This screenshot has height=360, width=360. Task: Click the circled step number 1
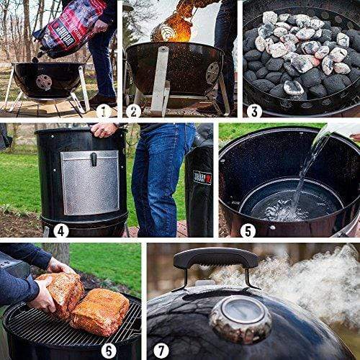coord(104,111)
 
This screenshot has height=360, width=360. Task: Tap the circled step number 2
coord(133,111)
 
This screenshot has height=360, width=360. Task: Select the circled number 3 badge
coord(253,111)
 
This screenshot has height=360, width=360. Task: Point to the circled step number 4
coord(61,230)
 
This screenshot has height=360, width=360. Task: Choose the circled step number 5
coord(248,230)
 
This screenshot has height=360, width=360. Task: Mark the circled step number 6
coord(109,351)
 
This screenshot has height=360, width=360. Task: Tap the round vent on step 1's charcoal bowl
coord(44,81)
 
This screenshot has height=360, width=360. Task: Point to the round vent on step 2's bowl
coord(212,72)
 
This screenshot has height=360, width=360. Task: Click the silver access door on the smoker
coord(89,181)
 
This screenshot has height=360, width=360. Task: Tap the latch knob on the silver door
coord(93,158)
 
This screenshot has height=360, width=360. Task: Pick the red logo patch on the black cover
coord(202,177)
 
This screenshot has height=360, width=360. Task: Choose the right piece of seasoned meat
coord(100,312)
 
